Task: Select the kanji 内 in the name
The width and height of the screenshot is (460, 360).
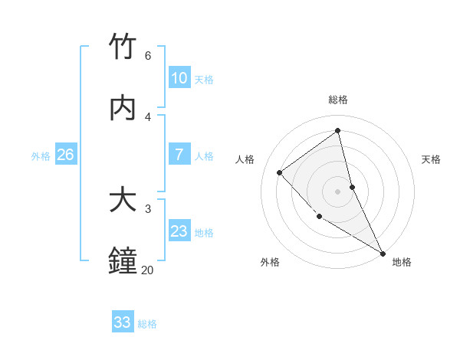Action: (x=123, y=108)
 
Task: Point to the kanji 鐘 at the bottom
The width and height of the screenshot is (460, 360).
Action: (x=123, y=260)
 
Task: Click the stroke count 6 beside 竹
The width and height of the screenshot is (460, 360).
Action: (x=147, y=56)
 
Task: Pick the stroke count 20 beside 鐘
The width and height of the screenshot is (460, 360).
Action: (x=147, y=270)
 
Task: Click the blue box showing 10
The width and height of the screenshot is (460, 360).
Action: (x=179, y=78)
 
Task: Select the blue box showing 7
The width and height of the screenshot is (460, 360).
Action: (x=179, y=155)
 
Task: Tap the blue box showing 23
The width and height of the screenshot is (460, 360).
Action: (x=179, y=231)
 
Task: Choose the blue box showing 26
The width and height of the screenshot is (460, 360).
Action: (x=65, y=155)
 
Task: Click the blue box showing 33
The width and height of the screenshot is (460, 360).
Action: (x=122, y=322)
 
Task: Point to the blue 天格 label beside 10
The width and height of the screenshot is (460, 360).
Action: (x=204, y=80)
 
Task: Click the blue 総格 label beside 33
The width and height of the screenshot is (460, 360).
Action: (x=147, y=324)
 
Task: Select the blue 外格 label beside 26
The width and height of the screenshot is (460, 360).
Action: (x=41, y=156)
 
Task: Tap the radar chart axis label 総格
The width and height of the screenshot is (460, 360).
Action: (x=338, y=100)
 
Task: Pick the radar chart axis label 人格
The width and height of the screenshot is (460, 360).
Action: (x=245, y=159)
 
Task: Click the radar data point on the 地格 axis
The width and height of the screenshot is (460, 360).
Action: (x=383, y=253)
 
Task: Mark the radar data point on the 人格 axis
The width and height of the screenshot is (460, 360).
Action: (x=280, y=172)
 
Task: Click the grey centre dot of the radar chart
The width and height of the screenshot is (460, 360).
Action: (x=338, y=191)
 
